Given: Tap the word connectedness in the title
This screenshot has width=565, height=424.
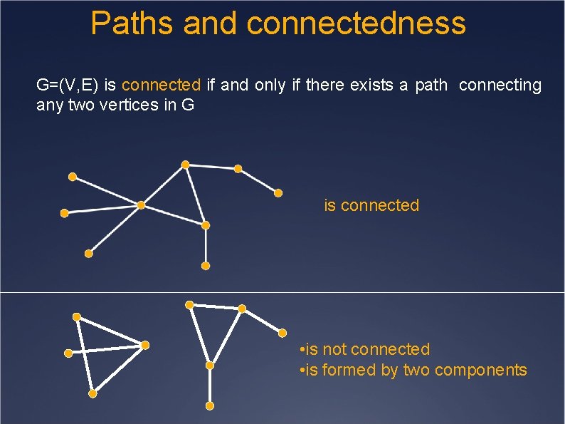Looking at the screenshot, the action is (357, 23).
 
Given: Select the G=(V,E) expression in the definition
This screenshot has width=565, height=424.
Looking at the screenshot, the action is (68, 86).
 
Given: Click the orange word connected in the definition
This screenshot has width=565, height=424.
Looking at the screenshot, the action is (162, 86).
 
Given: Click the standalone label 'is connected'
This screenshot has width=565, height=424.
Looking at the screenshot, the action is (371, 205).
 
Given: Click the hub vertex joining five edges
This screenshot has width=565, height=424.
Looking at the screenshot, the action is (141, 205).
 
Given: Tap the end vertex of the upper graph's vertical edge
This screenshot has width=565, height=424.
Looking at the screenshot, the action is (206, 266).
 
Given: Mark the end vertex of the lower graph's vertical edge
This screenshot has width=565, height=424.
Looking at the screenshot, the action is (210, 405).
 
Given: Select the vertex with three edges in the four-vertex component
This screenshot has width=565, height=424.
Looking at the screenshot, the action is (144, 346).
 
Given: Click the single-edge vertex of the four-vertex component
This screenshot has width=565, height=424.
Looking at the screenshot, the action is (68, 353).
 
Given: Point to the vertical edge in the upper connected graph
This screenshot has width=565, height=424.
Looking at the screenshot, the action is (206, 246).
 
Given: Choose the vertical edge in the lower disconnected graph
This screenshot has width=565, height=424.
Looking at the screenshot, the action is (210, 386).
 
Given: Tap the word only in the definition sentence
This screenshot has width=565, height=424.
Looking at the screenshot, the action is (270, 86).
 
